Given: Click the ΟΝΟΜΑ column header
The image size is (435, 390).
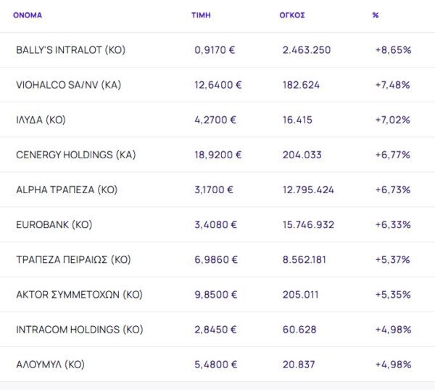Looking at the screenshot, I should click(28, 15).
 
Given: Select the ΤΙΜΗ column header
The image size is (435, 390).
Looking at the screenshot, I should click(201, 15).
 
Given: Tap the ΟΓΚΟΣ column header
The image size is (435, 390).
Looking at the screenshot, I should click(292, 15).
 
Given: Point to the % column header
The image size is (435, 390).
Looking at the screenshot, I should click(376, 15).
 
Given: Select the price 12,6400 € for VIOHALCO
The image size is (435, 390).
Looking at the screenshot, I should click(218, 85).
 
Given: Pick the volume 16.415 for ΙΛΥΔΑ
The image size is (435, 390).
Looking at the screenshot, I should click(297, 120).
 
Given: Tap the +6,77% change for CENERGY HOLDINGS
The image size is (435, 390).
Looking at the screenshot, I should click(393, 155).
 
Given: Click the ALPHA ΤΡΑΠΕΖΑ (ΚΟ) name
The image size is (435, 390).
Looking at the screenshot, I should click(67, 190).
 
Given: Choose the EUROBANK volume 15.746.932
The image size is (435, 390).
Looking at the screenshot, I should click(308, 224).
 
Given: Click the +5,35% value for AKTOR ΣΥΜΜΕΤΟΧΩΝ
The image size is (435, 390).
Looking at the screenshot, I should click(393, 294).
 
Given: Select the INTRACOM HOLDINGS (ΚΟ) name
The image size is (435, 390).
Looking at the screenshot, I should click(79, 329).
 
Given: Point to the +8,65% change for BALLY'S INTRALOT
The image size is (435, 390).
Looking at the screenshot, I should click(393, 50).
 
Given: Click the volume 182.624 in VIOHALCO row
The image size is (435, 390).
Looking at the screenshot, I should click(301, 85).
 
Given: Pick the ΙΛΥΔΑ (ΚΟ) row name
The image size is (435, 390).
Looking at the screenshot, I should click(41, 120).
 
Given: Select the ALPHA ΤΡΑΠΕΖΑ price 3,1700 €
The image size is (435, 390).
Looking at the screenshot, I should click(214, 190).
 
